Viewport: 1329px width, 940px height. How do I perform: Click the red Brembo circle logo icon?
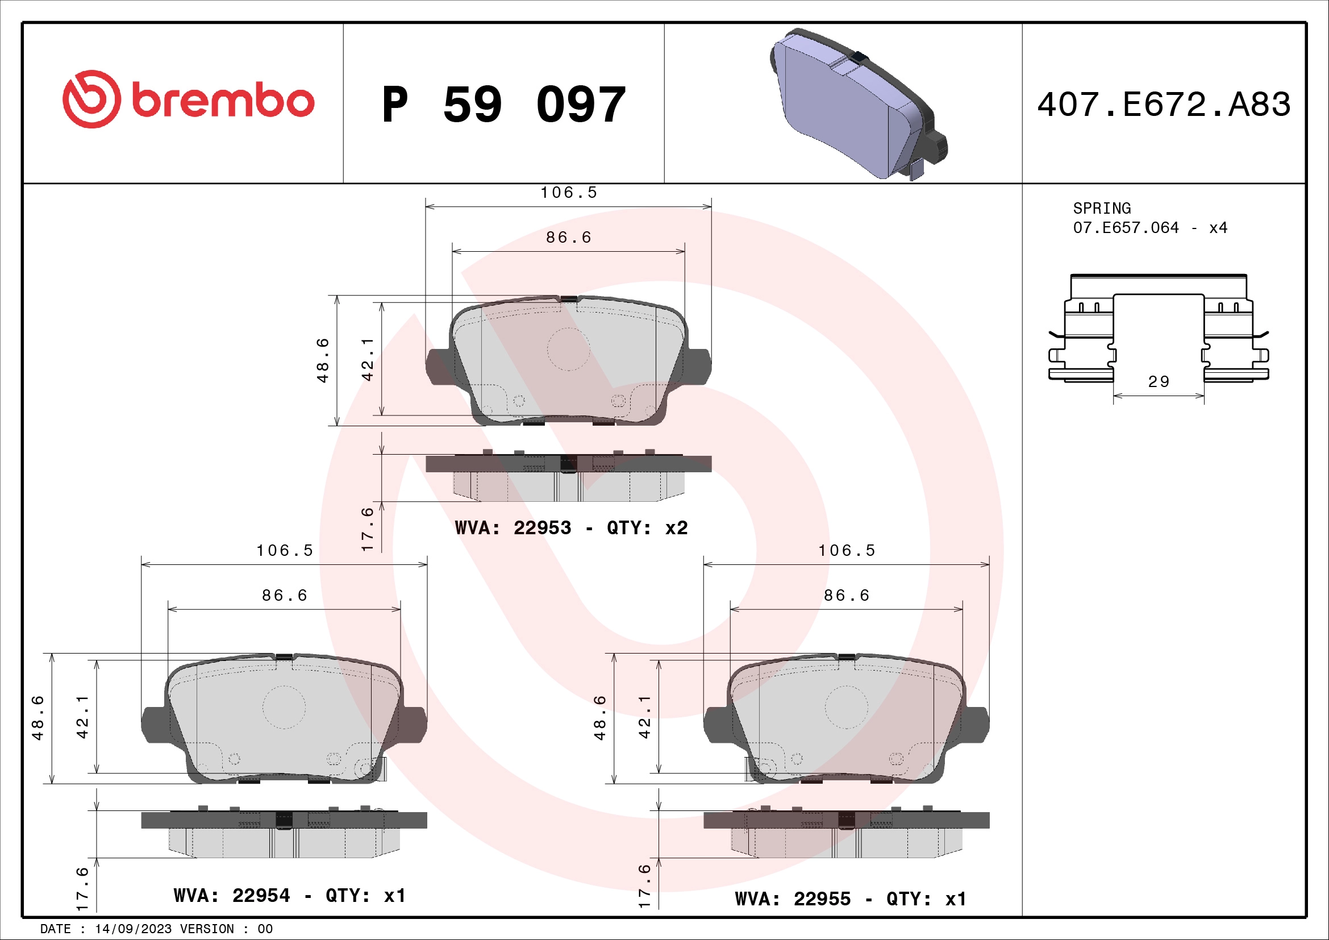click(x=92, y=99)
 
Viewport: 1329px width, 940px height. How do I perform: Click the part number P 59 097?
click(x=503, y=105)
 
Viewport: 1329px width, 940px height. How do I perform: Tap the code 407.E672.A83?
click(x=1164, y=105)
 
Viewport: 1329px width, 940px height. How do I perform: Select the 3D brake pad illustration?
click(x=857, y=104)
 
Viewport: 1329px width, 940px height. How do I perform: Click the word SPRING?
click(x=1102, y=209)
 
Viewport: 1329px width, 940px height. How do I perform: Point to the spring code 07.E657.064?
click(x=1125, y=228)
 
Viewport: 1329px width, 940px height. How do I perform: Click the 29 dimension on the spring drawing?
click(x=1158, y=382)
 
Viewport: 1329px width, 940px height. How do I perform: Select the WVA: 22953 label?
click(x=513, y=528)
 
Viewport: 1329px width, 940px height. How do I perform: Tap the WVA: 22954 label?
click(x=231, y=896)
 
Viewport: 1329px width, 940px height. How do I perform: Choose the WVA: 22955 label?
click(x=793, y=899)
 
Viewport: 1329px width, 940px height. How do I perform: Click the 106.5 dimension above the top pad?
click(x=568, y=193)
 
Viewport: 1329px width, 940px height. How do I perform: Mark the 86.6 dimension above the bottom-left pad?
click(x=284, y=596)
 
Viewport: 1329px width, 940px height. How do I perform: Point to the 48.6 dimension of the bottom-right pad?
click(x=600, y=718)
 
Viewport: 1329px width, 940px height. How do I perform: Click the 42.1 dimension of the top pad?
click(x=368, y=359)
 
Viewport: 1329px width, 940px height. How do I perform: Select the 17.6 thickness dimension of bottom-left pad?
click(x=83, y=888)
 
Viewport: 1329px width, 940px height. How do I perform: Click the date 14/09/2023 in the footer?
click(x=133, y=929)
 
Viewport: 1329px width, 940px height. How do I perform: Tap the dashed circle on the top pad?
click(x=568, y=349)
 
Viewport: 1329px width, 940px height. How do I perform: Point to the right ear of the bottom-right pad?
click(x=977, y=724)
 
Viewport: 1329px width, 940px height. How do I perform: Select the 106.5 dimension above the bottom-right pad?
click(x=846, y=551)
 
